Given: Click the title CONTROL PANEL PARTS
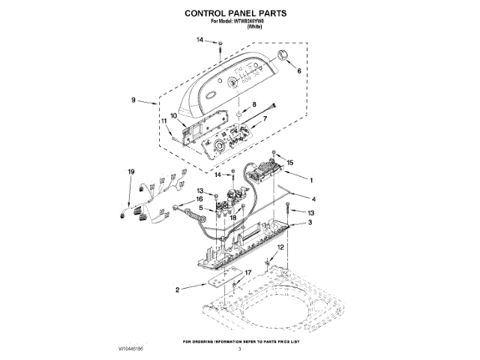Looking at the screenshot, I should [x=240, y=13].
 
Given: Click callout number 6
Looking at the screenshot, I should [x=299, y=72].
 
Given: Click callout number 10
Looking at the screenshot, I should [x=173, y=116].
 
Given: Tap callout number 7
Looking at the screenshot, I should [x=265, y=118].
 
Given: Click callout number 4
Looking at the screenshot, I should [x=313, y=199].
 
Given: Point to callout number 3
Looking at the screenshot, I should [x=310, y=223].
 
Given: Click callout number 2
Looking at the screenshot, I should [x=177, y=289].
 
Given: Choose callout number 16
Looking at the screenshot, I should [x=200, y=199].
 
